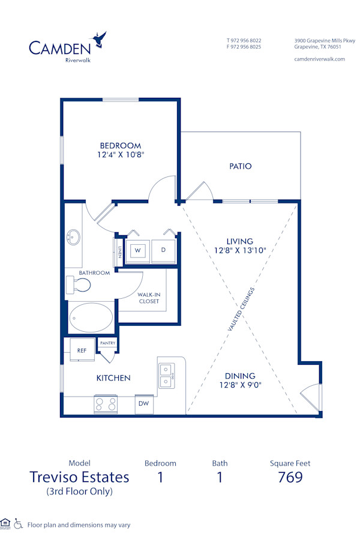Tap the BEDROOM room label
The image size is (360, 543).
point(121,145)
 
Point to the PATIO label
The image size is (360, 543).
point(240,166)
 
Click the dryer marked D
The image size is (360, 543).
point(163,250)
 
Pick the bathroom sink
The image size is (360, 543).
point(74,236)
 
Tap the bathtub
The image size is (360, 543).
point(91,317)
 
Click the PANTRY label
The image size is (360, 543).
point(108,343)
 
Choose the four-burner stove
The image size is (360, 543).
point(106,404)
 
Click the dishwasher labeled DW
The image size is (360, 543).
point(144,404)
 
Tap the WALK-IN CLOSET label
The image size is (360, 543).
point(149,298)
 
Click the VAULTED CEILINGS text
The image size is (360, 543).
point(241,310)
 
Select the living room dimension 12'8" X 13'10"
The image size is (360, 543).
point(240,251)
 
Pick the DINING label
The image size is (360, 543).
point(240,376)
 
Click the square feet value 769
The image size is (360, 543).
point(290,478)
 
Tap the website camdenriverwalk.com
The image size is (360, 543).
point(320,59)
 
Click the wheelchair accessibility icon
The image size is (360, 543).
point(18,524)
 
